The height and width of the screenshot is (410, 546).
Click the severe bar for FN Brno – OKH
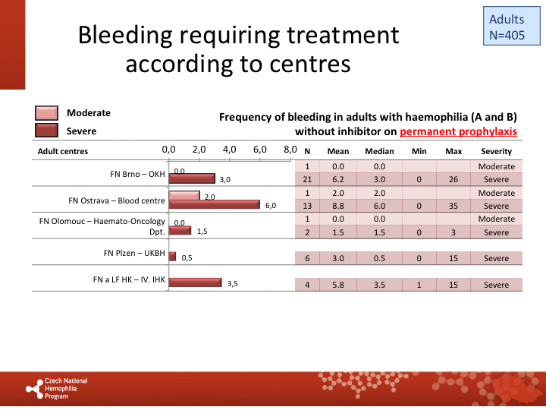(192, 179)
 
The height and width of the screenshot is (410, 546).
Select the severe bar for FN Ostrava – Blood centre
(214, 205)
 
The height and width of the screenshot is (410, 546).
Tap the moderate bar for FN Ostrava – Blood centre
(184, 196)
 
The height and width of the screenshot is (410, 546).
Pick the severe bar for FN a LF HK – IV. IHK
(195, 283)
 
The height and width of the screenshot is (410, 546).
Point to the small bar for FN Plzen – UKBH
(172, 257)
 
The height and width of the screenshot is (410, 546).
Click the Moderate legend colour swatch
(47, 113)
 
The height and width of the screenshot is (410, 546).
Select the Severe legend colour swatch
(47, 131)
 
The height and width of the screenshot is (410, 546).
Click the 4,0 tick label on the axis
(229, 150)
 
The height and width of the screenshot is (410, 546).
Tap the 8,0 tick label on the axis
(290, 150)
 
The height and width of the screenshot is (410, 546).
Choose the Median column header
(379, 151)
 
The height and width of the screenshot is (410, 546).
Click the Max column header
(453, 151)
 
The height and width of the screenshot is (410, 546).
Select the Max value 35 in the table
(453, 206)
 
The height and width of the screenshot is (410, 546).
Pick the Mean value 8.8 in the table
(338, 206)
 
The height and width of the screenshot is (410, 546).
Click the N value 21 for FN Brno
(307, 179)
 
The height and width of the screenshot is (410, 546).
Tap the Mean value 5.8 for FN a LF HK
(338, 285)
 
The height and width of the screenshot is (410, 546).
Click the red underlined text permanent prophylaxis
(458, 131)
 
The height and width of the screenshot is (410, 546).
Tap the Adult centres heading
(63, 151)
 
